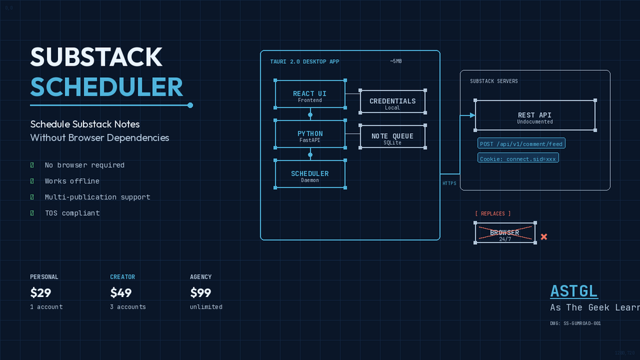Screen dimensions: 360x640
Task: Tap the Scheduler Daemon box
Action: (310, 175)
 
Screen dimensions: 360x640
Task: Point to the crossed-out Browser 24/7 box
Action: (505, 233)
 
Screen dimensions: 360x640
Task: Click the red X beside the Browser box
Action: (544, 237)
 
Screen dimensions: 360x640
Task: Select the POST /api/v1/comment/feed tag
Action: (522, 144)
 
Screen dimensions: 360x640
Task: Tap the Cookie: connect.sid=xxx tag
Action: (518, 158)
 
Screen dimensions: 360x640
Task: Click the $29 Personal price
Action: (41, 293)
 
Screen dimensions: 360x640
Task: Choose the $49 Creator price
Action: (121, 293)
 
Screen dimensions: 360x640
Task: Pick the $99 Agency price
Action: (201, 293)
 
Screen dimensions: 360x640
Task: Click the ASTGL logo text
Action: (574, 291)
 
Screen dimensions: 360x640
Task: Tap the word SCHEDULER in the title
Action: (106, 87)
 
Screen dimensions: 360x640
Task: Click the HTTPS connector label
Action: (450, 184)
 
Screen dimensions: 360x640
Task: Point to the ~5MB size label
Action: (395, 61)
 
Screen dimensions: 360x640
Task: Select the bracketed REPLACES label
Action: (493, 213)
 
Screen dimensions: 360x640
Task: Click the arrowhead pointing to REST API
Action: (473, 115)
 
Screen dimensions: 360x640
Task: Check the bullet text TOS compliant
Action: (72, 213)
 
